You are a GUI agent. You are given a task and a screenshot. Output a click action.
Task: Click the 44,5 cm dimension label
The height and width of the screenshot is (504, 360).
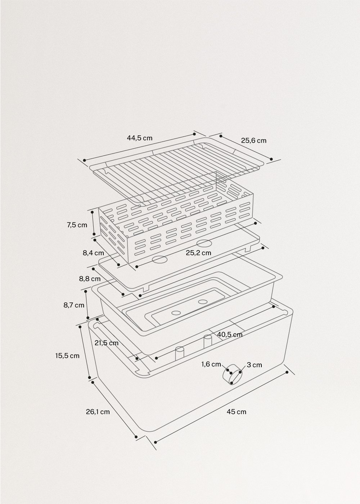139,138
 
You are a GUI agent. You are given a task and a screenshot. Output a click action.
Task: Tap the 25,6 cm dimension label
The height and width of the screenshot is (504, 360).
253,140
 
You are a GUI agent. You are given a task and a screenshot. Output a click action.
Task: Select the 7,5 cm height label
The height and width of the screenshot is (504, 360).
77,225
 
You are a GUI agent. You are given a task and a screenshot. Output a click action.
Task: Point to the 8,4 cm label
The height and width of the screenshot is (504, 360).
93,253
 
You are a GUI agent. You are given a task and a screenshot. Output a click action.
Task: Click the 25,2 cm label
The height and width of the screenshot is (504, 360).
198,253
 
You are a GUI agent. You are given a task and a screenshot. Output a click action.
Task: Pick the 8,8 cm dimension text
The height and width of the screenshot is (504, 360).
90,278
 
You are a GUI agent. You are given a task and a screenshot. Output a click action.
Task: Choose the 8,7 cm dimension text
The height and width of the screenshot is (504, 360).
74,305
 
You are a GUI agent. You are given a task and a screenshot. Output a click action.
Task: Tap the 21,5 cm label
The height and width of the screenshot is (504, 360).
106,343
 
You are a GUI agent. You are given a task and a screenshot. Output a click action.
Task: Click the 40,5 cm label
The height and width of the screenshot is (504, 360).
230,334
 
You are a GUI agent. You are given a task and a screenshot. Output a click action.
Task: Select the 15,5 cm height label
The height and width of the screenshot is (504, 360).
67,356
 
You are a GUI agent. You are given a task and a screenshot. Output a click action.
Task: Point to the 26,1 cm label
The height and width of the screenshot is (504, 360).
98,411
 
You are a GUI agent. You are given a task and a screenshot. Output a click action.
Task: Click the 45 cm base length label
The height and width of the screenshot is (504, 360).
237,411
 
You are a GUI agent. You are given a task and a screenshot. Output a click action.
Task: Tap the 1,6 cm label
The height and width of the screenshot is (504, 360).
211,364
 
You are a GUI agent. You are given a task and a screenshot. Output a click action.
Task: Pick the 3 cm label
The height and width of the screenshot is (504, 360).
255,365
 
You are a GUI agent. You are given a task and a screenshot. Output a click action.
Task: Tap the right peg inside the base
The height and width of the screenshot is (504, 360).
207,341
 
